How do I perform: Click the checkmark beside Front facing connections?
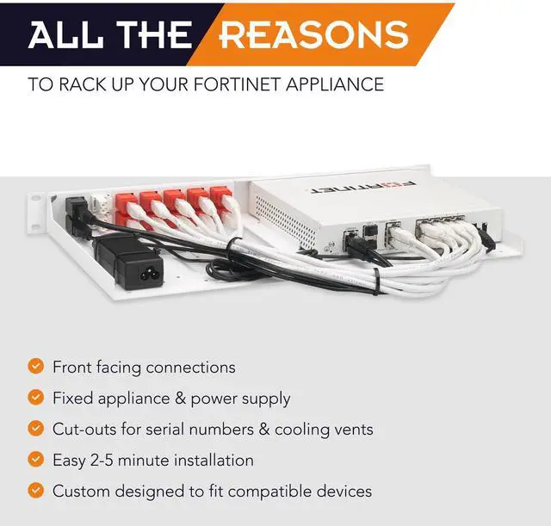(35, 367)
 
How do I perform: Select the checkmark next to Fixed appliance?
(35, 398)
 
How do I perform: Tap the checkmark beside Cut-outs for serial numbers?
(35, 429)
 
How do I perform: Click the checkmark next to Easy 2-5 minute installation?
(35, 460)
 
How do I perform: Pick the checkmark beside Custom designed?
(35, 491)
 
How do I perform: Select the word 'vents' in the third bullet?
(352, 429)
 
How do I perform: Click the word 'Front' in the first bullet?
(72, 368)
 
